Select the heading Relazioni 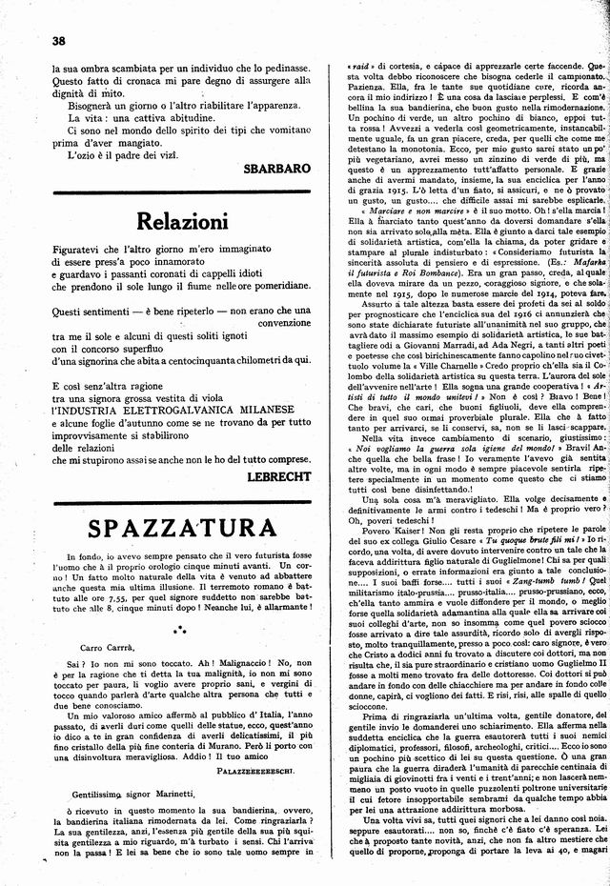[x=182, y=222]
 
